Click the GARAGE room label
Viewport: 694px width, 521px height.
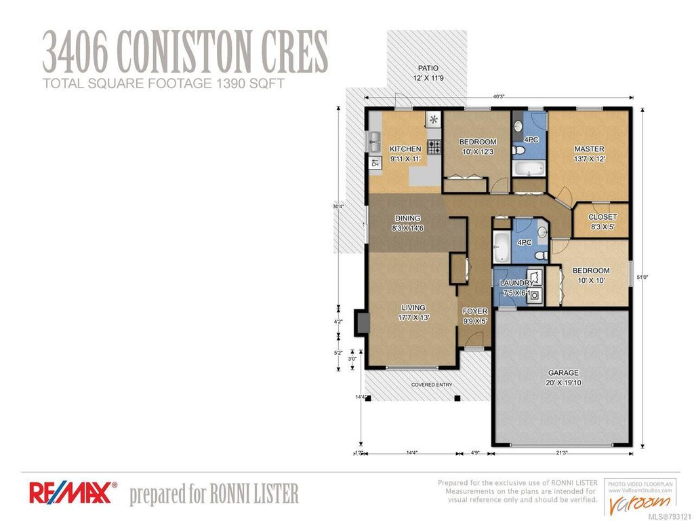tap(563, 372)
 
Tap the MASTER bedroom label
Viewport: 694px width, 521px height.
tap(589, 149)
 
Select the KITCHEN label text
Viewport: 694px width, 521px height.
tap(405, 149)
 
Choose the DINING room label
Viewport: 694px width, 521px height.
tap(407, 218)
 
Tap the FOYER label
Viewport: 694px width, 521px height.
tap(475, 311)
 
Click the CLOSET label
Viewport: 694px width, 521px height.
tap(603, 218)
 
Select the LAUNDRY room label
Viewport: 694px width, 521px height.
tap(516, 283)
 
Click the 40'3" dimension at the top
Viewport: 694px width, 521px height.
tap(499, 97)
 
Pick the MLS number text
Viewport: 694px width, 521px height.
tap(670, 515)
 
